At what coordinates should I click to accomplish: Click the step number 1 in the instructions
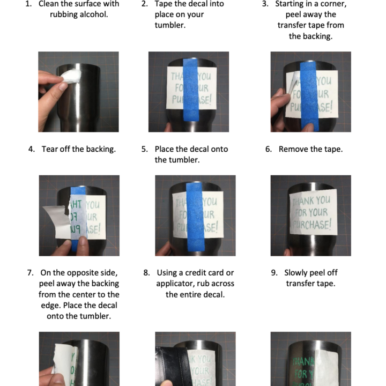coord(28,4)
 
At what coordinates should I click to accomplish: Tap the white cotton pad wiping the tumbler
coord(70,77)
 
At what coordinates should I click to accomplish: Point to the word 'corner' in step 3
coord(333,4)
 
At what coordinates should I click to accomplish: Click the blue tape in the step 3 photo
coord(309,94)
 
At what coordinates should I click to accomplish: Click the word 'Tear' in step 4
coord(50,149)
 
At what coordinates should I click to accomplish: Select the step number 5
coord(144,149)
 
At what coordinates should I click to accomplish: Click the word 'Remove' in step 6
coord(293,149)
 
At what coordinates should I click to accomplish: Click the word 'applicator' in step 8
coord(177,284)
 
